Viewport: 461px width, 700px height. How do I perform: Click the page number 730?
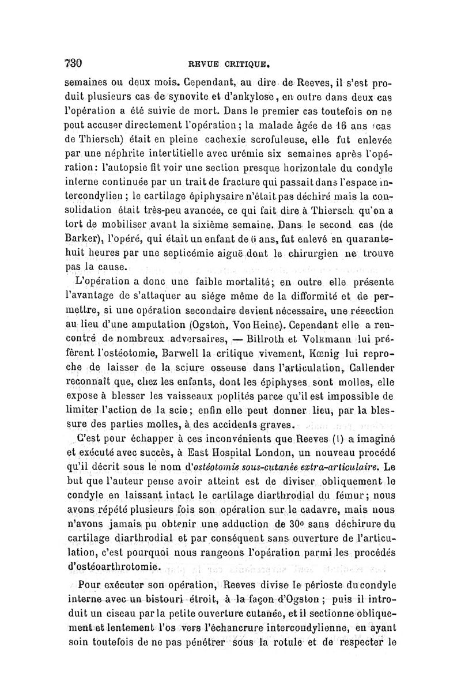(x=74, y=63)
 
